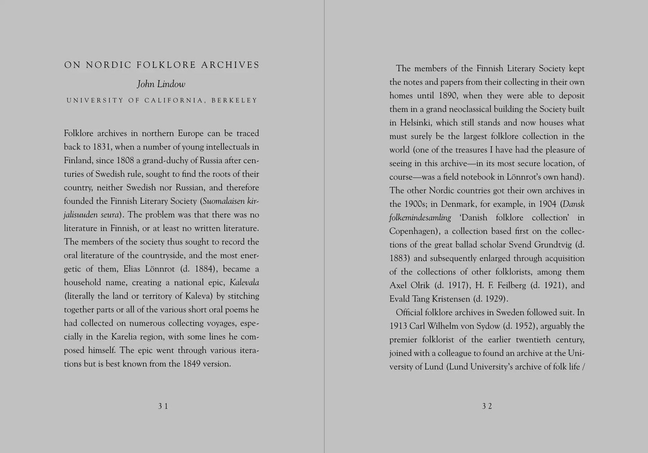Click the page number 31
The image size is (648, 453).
(163, 406)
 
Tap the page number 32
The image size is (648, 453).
(487, 406)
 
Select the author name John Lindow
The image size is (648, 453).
(161, 84)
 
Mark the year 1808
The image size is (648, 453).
(126, 161)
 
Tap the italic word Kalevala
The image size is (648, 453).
(244, 283)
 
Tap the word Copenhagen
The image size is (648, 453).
(413, 231)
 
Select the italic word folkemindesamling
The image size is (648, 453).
(420, 218)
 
